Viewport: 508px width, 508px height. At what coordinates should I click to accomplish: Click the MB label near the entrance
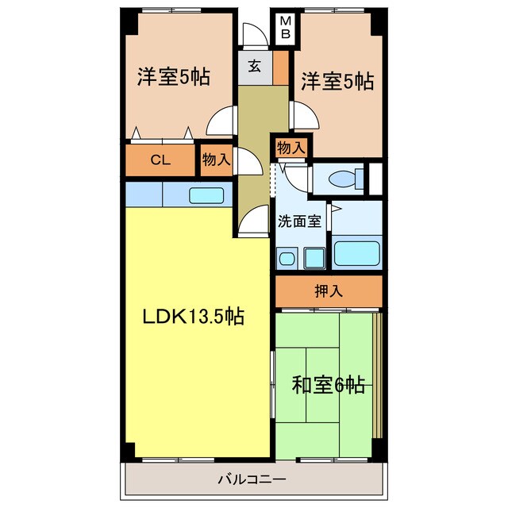coord(285,28)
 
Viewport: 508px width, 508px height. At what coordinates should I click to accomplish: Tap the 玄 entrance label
coord(254,67)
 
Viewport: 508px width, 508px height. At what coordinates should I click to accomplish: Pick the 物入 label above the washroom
coord(291,148)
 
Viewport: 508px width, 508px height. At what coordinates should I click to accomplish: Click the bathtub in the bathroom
coord(357,252)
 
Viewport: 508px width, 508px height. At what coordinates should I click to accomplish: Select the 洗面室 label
coord(299,221)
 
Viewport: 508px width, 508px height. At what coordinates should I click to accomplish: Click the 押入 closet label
coord(329,291)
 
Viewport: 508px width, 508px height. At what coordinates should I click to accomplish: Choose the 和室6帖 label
coord(329,387)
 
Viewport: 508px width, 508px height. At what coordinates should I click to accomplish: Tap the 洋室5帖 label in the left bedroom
coord(173,78)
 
